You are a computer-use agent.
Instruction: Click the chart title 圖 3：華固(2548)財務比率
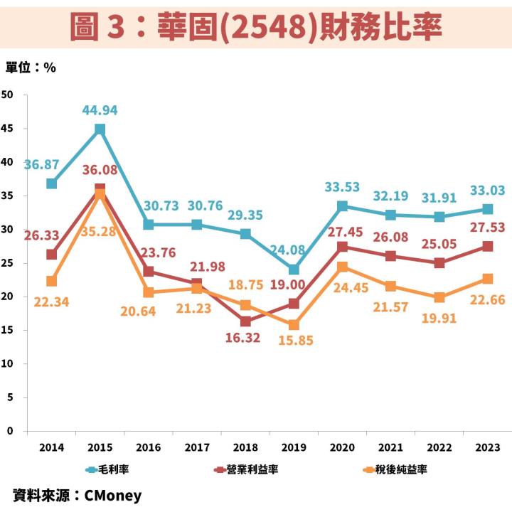tap(256, 27)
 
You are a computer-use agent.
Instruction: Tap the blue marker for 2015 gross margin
tap(100, 129)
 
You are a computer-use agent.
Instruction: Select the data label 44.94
tap(100, 110)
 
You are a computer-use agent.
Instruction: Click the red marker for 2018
tap(245, 321)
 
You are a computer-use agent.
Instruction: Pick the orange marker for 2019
tap(294, 325)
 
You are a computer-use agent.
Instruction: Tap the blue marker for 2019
tap(294, 270)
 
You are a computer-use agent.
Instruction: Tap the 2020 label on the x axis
tap(342, 447)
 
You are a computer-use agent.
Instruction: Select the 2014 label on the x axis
tap(51, 447)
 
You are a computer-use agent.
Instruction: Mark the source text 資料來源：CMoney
tap(78, 495)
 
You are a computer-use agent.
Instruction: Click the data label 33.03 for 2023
tap(487, 190)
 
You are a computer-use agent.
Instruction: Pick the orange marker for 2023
tap(487, 279)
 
